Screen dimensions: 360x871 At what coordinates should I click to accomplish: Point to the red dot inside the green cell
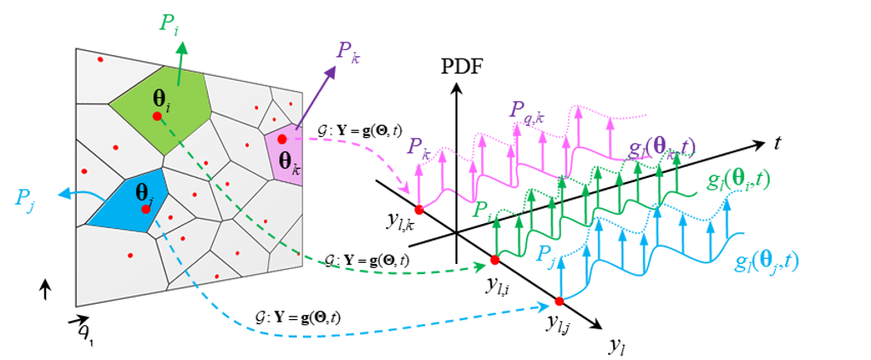[x=157, y=116]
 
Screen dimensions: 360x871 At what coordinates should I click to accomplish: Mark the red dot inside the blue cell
[x=146, y=209]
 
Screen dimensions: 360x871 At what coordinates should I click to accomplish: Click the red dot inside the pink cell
[x=282, y=139]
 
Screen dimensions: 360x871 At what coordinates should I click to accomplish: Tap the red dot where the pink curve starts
[x=418, y=209]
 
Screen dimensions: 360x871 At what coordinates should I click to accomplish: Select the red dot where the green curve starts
[x=495, y=260]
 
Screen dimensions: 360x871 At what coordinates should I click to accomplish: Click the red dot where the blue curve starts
[x=559, y=301]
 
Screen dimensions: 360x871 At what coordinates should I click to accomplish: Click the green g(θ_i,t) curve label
[x=738, y=182]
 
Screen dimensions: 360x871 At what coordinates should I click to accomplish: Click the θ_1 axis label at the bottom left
[x=84, y=334]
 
